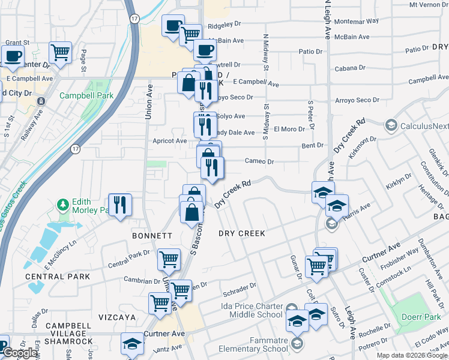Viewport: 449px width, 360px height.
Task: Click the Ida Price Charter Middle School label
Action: click(x=244, y=310)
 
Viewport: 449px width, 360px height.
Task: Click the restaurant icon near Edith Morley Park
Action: click(x=120, y=205)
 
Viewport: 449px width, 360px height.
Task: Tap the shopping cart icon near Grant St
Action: click(x=60, y=53)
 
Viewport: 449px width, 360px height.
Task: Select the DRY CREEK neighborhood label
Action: click(x=242, y=233)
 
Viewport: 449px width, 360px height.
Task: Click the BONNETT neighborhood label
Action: click(x=153, y=236)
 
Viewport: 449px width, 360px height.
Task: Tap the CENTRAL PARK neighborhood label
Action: click(x=58, y=277)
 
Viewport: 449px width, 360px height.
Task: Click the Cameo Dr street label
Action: click(x=259, y=161)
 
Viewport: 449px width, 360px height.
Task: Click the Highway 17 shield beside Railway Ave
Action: click(x=75, y=148)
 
